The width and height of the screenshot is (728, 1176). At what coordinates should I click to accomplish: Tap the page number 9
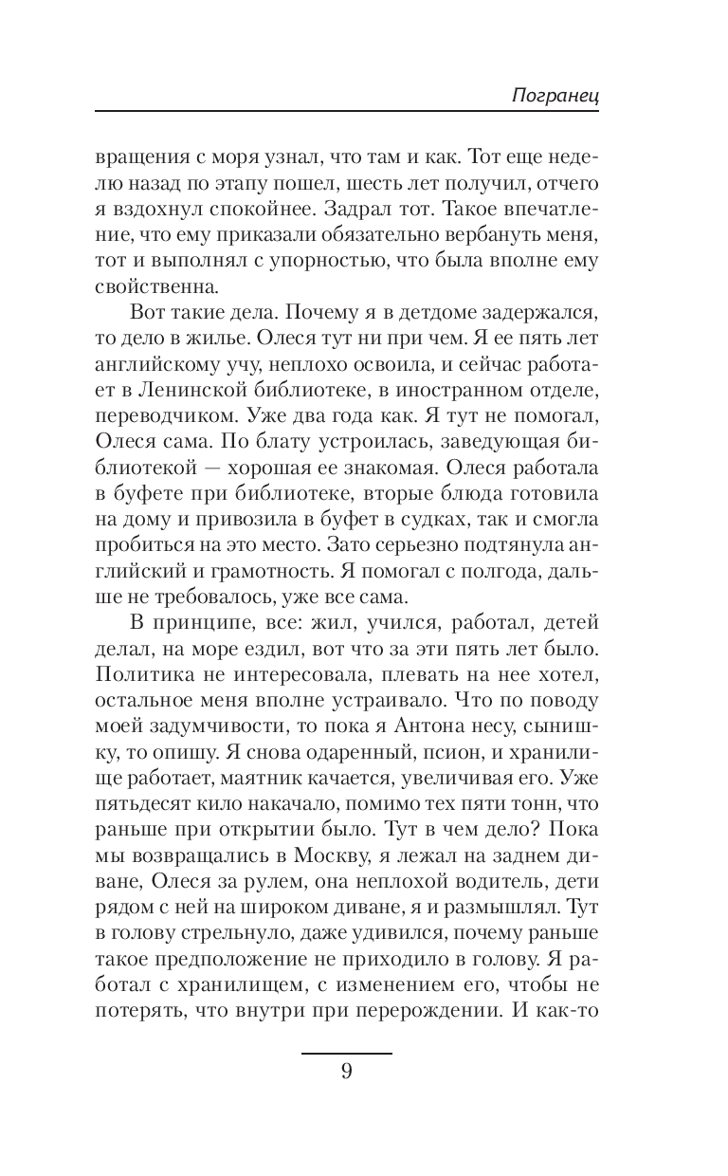(347, 1073)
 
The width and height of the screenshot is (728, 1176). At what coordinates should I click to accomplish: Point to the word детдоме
(414, 309)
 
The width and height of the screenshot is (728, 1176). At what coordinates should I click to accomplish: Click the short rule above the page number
(347, 1053)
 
